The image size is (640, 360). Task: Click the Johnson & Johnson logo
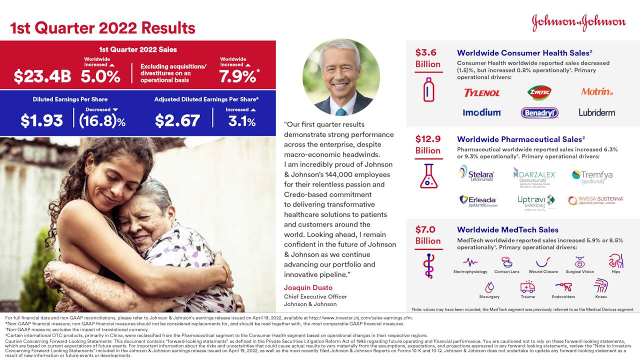pos(578,22)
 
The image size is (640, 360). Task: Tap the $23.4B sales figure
pos(42,76)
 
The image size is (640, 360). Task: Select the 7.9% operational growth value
pos(237,76)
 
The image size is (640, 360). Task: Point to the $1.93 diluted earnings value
pos(41,120)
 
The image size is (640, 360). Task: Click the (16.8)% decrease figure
pos(102,120)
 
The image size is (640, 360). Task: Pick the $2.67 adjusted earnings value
pos(177,120)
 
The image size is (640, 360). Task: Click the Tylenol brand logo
pos(481,93)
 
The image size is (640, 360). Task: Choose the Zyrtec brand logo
pos(539,92)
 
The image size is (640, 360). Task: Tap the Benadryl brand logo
pos(539,112)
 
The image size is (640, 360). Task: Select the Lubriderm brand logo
pos(597,112)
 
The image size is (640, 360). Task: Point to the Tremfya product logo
pos(592,175)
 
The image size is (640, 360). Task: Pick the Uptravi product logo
pos(536,201)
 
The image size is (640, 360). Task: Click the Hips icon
pos(615,261)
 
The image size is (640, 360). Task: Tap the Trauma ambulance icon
pos(527,286)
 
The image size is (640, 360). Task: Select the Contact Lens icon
pos(506,262)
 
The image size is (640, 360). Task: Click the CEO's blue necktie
pos(341,111)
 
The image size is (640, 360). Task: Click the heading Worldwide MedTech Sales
pos(507,230)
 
